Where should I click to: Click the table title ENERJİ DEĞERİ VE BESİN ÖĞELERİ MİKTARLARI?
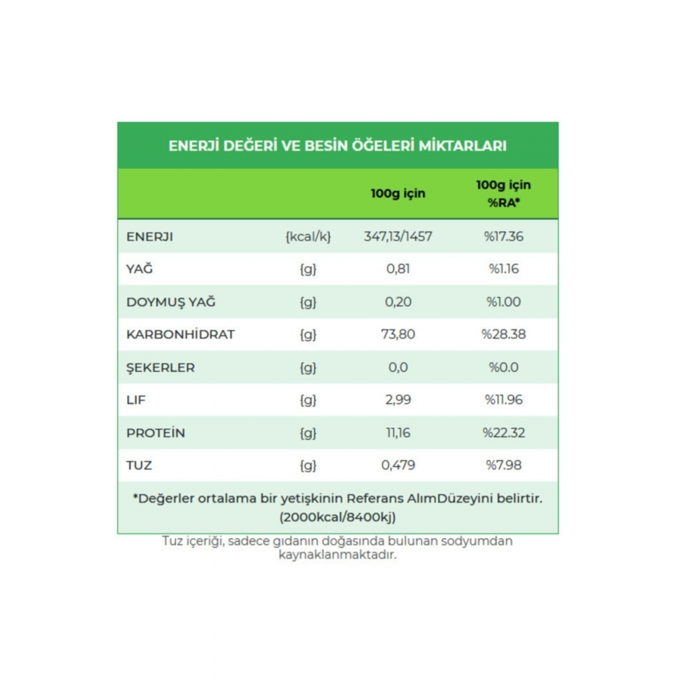click(338, 146)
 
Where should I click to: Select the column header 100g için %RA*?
click(503, 194)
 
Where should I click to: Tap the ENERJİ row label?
click(149, 237)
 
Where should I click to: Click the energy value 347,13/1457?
click(398, 237)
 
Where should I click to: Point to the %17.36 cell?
click(503, 237)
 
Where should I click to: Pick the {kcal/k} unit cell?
click(308, 237)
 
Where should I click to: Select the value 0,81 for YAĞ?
click(398, 269)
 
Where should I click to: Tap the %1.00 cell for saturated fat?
click(503, 302)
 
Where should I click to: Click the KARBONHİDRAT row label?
click(180, 334)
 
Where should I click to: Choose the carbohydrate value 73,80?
click(398, 334)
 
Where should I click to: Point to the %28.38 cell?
click(503, 334)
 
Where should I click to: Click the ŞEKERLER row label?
click(160, 368)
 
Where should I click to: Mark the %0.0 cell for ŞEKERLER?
click(503, 368)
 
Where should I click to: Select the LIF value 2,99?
click(398, 400)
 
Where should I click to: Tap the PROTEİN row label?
click(155, 433)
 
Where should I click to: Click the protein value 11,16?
click(398, 433)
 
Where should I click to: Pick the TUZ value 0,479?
click(398, 466)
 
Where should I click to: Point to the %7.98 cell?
click(503, 466)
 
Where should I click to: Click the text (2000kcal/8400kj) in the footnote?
click(338, 517)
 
